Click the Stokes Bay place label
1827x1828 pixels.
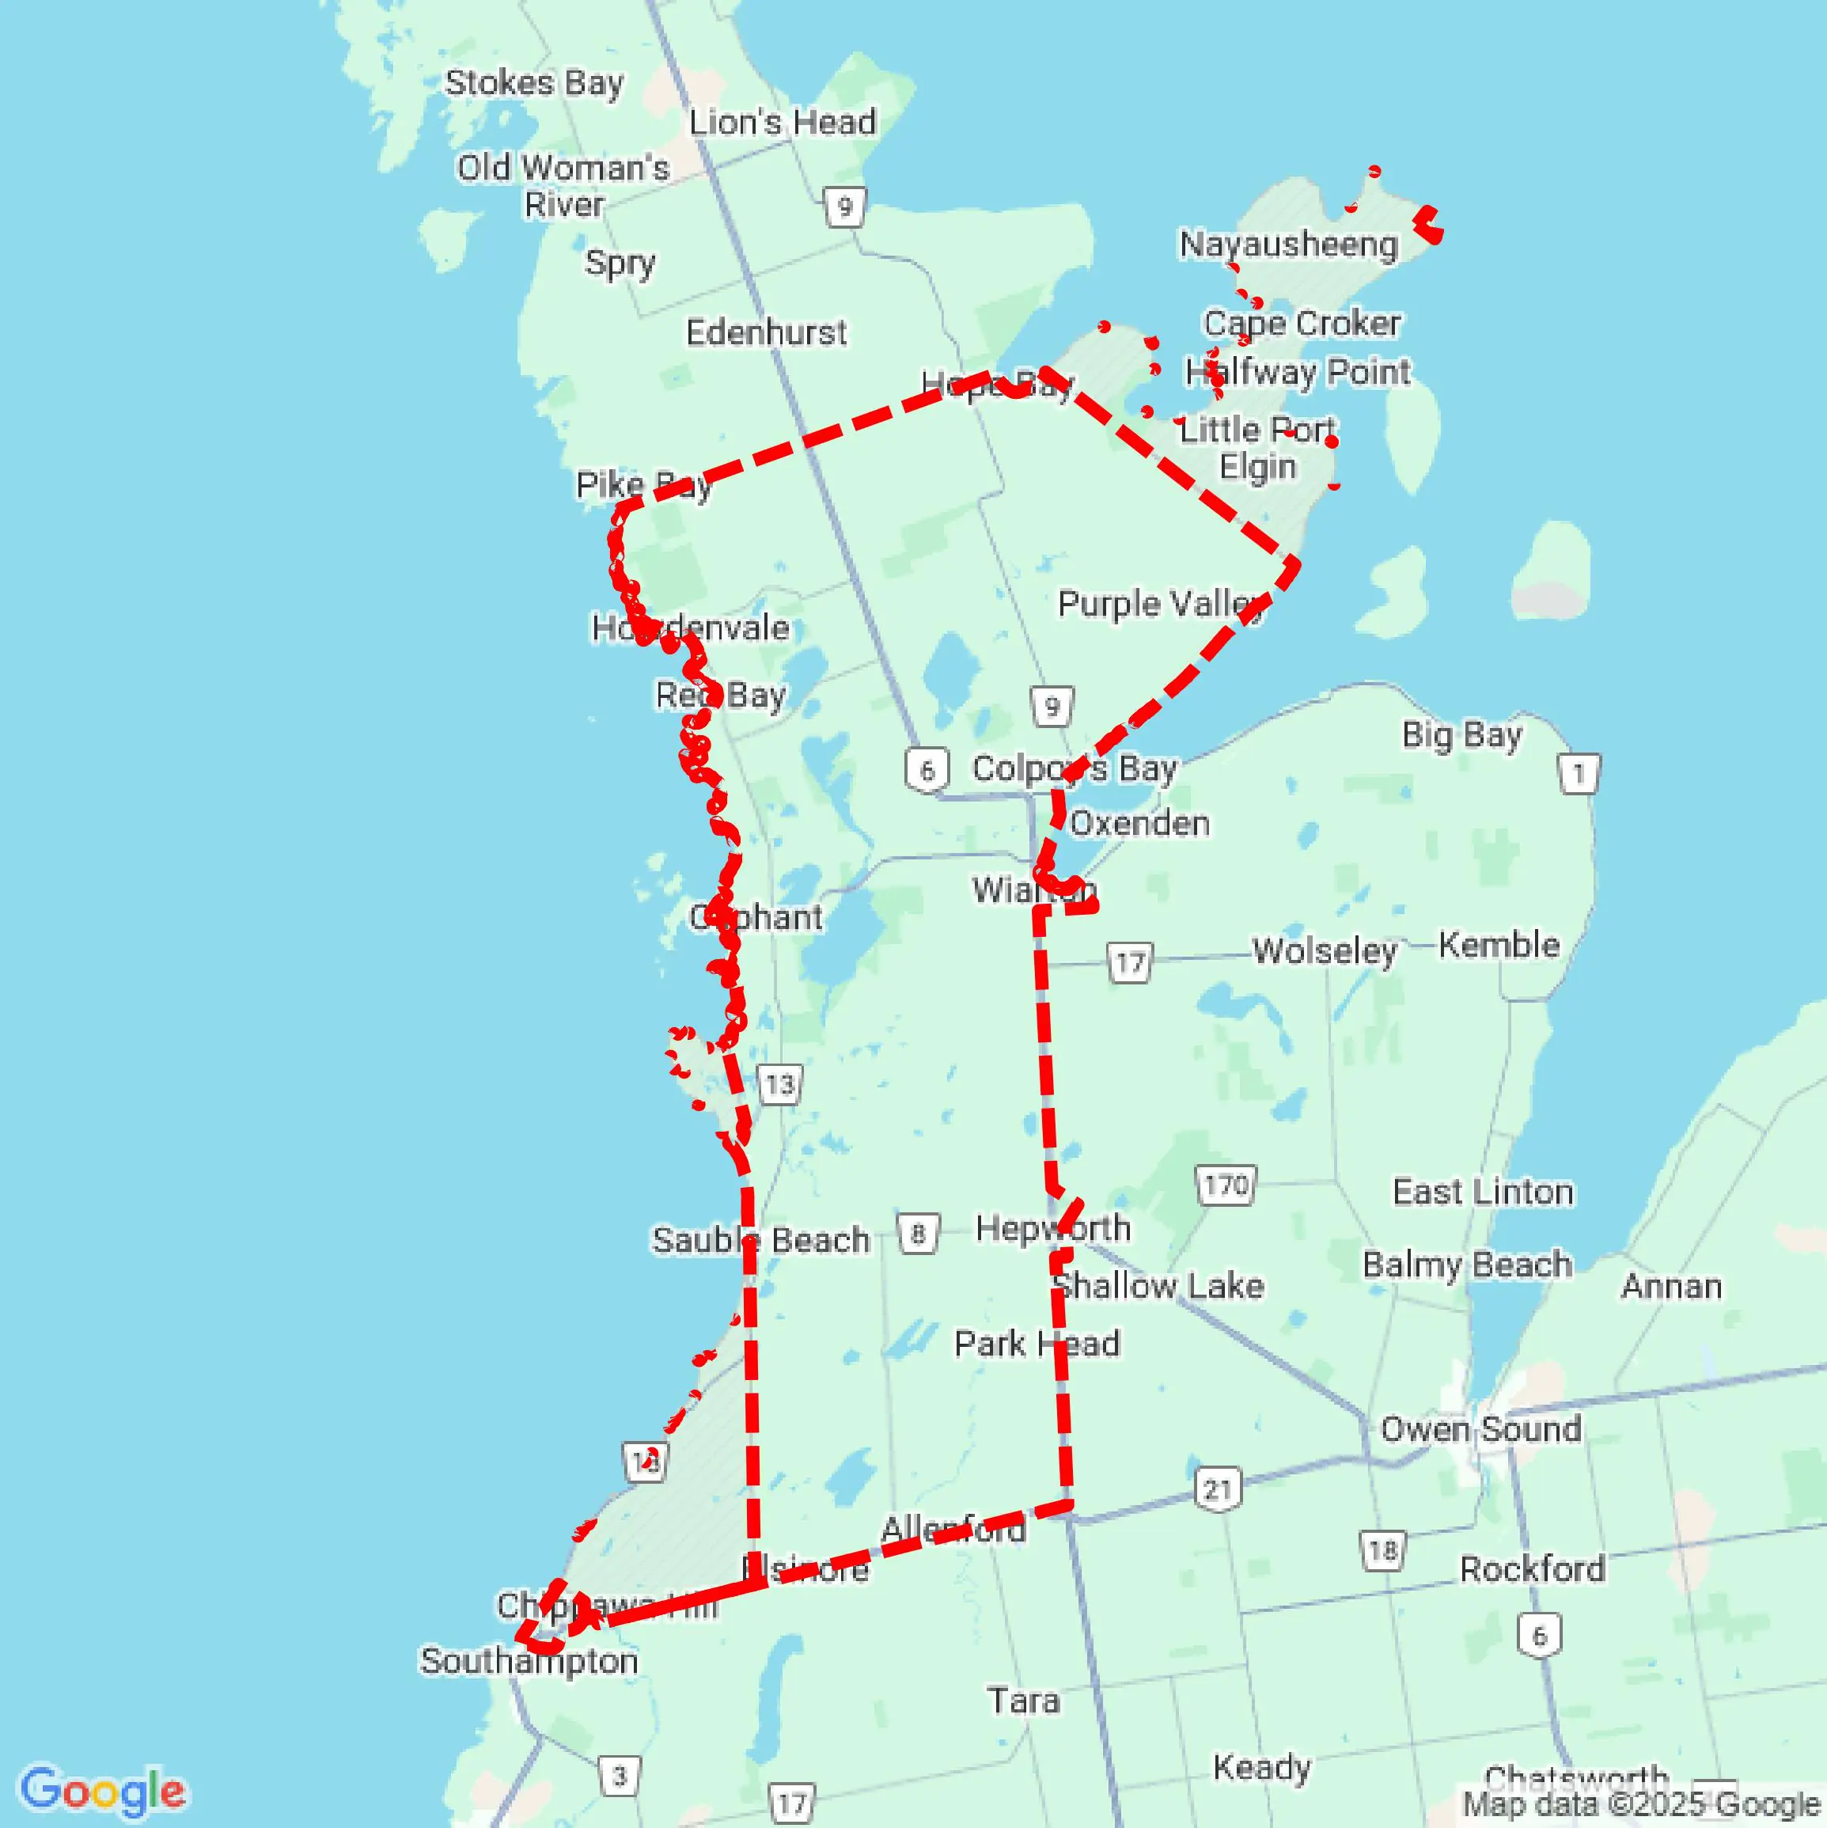pos(535,83)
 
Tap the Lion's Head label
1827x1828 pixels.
pos(782,122)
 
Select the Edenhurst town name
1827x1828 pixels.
pos(767,333)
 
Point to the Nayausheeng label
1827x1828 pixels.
pos(1287,244)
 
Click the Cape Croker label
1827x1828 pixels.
pos(1302,324)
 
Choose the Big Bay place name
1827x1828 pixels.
pos(1461,734)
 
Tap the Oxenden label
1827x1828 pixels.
pos(1139,823)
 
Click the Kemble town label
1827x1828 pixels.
pos(1499,944)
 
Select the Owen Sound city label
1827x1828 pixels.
pos(1480,1428)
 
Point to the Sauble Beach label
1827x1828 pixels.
pos(760,1239)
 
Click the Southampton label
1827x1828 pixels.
pos(529,1660)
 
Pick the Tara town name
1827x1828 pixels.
pos(1024,1701)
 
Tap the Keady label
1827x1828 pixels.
pos(1262,1766)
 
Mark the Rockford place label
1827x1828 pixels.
pos(1533,1568)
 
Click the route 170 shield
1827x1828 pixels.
pos(1226,1185)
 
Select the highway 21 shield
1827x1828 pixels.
pos(1217,1490)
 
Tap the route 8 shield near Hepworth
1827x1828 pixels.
pos(917,1234)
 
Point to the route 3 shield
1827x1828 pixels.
pos(620,1776)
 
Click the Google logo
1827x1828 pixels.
pos(102,1791)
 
